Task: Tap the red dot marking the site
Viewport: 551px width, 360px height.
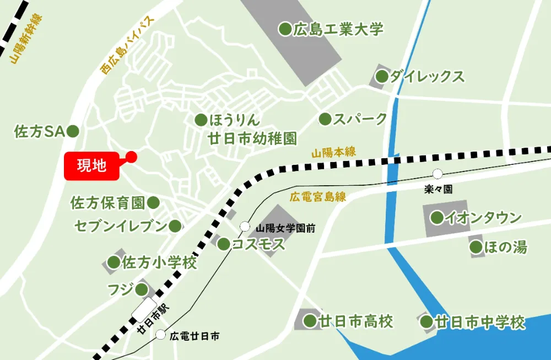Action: pos(131,157)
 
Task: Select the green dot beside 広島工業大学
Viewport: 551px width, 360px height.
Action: pos(285,29)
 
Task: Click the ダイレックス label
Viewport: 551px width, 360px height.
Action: pos(427,77)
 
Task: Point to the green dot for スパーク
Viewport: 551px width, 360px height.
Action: pos(325,119)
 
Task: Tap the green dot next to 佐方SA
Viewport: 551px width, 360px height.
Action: pos(73,131)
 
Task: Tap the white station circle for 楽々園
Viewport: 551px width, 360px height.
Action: pos(437,174)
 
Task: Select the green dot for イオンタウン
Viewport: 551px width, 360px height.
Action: pos(437,218)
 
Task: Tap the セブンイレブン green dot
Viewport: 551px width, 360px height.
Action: pos(175,225)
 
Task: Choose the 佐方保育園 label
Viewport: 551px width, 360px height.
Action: pos(107,203)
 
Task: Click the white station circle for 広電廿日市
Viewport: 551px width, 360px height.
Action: pos(160,334)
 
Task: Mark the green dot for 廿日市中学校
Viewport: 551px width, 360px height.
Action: pos(427,322)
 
